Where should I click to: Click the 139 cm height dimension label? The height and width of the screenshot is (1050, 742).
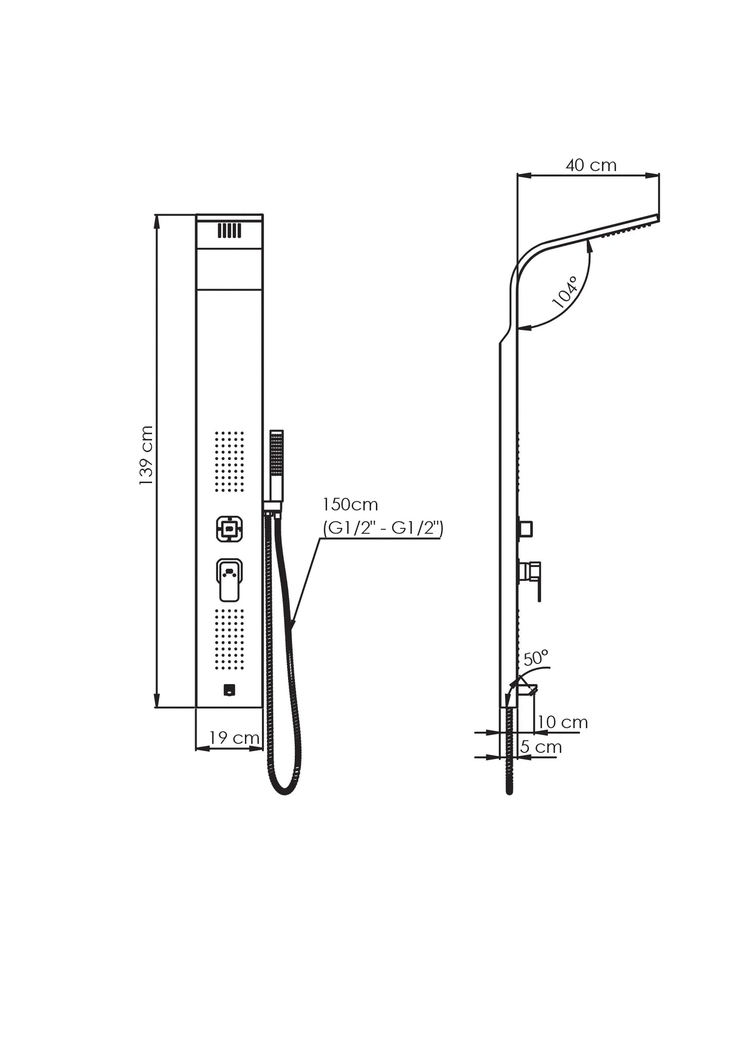tap(146, 456)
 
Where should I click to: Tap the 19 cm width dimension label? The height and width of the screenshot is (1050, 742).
tap(234, 738)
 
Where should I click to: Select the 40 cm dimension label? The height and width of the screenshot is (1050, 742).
tap(591, 165)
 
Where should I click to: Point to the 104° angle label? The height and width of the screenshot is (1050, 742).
tap(565, 292)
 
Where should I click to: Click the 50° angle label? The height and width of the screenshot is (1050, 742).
tap(536, 657)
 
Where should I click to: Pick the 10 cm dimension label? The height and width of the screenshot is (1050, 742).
tap(562, 722)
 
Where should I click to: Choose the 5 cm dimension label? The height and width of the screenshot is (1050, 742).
tap(541, 747)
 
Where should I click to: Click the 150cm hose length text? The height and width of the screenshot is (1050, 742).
tap(350, 504)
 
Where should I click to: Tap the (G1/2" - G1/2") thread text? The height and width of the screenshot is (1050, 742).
tap(383, 528)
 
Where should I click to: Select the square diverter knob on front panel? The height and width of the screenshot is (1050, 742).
tap(229, 529)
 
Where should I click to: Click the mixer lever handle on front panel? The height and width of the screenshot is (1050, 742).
tap(229, 580)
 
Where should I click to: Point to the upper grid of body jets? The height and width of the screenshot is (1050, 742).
tap(229, 462)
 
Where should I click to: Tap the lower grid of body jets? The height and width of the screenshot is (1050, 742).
tap(229, 639)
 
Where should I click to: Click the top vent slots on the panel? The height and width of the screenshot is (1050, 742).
tap(229, 230)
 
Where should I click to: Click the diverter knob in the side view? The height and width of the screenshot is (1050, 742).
tap(525, 528)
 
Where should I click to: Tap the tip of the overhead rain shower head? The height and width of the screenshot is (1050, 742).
tap(658, 217)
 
